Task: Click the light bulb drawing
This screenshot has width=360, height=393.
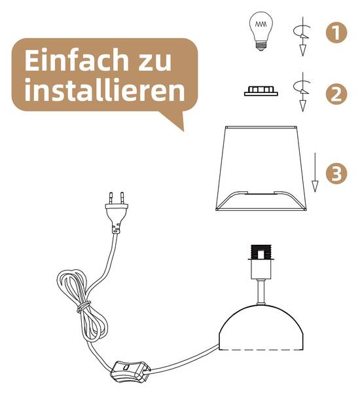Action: [x=261, y=31]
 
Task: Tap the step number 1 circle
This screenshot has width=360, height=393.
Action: [x=336, y=32]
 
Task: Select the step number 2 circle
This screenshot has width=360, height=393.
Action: [x=336, y=94]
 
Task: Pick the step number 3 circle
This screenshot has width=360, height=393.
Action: [x=336, y=173]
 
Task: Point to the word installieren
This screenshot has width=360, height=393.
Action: [x=105, y=90]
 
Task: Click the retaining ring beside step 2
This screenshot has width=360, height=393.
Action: [x=261, y=91]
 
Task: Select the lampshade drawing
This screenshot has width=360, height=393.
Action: [x=261, y=168]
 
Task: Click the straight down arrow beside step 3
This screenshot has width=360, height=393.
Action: [x=315, y=172]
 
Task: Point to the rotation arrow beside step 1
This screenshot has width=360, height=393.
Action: [x=302, y=36]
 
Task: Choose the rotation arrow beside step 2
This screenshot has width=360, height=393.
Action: [x=302, y=92]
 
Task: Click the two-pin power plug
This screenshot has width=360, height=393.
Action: [x=116, y=212]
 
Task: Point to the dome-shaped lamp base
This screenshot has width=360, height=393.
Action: [x=261, y=327]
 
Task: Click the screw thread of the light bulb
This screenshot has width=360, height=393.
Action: [x=261, y=47]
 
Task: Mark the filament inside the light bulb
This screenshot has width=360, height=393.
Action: [x=261, y=24]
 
